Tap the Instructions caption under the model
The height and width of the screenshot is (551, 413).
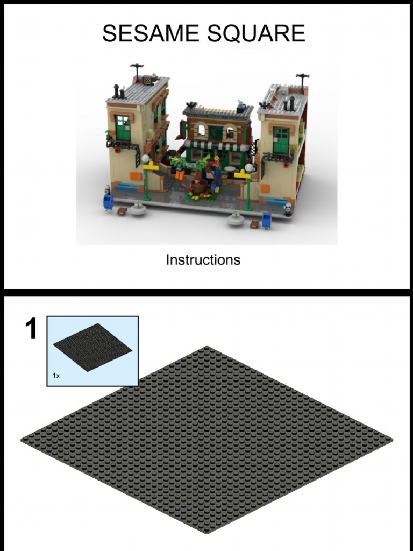[x=203, y=260]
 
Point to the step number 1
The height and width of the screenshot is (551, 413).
[x=32, y=329]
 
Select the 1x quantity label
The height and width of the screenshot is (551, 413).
[x=56, y=376]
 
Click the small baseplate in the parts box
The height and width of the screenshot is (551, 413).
[x=92, y=347]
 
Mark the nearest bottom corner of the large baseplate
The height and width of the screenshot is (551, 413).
[x=206, y=532]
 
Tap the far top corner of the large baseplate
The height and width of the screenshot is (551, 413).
[x=206, y=348]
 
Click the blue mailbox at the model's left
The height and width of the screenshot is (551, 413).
[x=108, y=202]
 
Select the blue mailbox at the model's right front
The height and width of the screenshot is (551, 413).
[x=266, y=220]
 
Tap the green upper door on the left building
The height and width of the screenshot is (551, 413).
[x=123, y=128]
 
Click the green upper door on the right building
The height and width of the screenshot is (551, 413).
[x=281, y=140]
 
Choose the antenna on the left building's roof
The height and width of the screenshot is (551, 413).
[x=137, y=69]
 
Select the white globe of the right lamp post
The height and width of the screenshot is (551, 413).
[x=248, y=168]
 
